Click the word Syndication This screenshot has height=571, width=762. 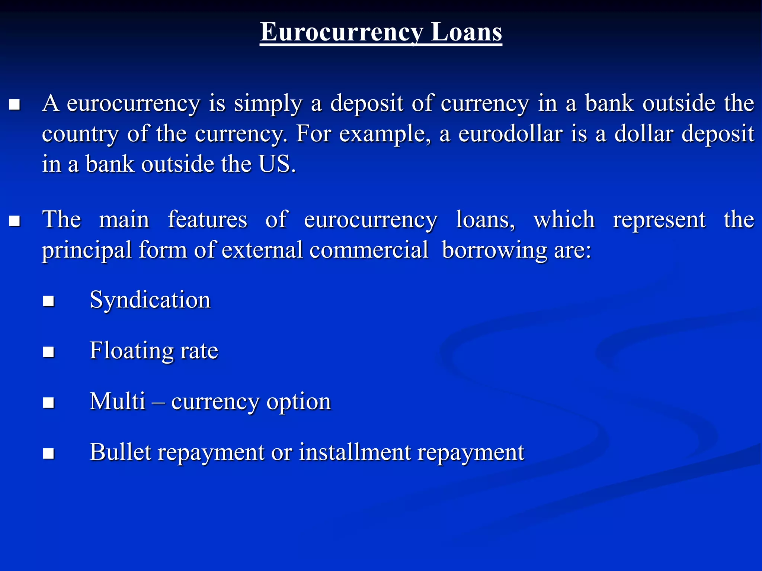click(x=150, y=300)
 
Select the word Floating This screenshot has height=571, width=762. click(x=131, y=351)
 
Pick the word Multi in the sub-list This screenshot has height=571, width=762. click(x=117, y=401)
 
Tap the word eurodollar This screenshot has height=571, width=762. click(x=510, y=134)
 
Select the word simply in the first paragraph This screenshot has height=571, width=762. click(x=268, y=103)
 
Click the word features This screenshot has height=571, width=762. click(x=207, y=219)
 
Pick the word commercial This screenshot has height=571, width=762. click(x=369, y=250)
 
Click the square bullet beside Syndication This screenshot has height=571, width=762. click(x=49, y=301)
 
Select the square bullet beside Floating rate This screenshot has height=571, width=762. click(x=49, y=352)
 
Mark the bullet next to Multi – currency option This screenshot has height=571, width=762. click(x=49, y=403)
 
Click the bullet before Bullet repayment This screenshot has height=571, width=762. click(x=49, y=454)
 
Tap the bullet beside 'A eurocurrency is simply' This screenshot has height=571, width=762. click(x=15, y=105)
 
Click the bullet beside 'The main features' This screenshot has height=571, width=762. click(x=15, y=221)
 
